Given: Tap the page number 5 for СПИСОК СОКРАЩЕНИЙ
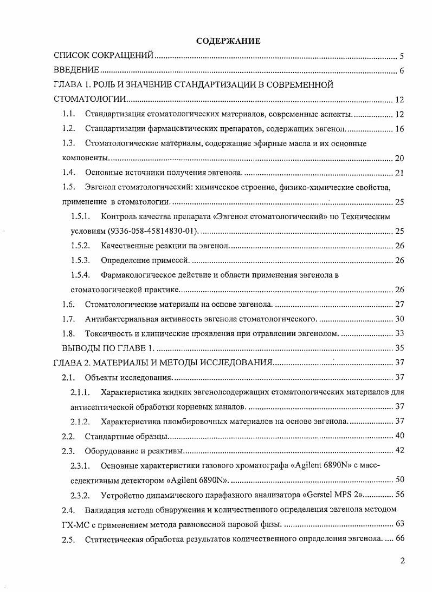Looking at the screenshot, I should pyautogui.click(x=402, y=56).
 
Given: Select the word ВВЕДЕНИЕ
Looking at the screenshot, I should pyautogui.click(x=76, y=70).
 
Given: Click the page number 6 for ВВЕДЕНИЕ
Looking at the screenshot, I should pyautogui.click(x=402, y=70).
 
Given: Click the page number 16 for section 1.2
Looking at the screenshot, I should pyautogui.click(x=400, y=129).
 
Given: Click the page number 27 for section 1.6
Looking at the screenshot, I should pyautogui.click(x=400, y=304).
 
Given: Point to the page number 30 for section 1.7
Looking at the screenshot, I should pyautogui.click(x=400, y=319).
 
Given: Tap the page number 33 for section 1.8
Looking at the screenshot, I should pyautogui.click(x=400, y=333).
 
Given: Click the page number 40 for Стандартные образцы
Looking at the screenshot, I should pyautogui.click(x=400, y=436).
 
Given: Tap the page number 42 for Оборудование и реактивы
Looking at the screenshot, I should pyautogui.click(x=400, y=450).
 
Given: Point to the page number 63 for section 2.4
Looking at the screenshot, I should pyautogui.click(x=400, y=524).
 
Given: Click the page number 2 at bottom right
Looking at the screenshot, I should pyautogui.click(x=402, y=561).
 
